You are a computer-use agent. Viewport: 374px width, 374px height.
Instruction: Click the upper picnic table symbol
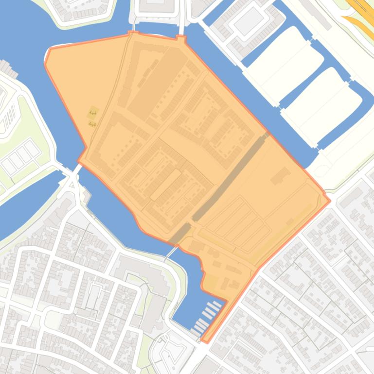92,114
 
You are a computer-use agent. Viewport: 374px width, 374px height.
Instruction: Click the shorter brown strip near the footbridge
180,234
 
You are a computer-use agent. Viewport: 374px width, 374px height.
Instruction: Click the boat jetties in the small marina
208,315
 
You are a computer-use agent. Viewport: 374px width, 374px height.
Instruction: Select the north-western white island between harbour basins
285,63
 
